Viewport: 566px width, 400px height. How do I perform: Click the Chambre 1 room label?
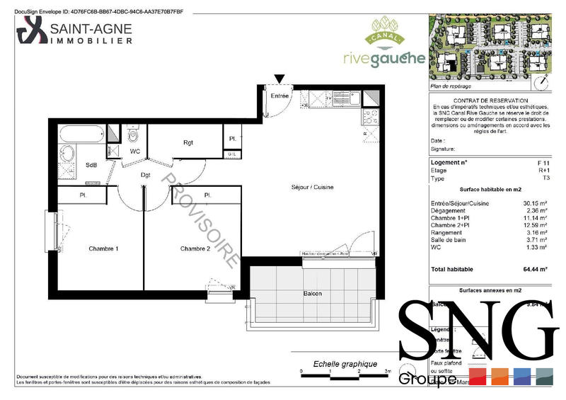103,248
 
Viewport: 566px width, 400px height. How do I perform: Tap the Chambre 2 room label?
195,248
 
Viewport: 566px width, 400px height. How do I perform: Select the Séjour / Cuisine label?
311,187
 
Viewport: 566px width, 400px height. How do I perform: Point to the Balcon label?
313,293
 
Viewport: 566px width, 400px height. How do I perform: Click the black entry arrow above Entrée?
281,79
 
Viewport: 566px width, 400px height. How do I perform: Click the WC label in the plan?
134,152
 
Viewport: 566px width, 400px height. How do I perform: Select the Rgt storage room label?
188,143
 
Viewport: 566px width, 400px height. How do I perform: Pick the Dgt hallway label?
146,174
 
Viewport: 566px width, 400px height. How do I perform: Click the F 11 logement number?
543,164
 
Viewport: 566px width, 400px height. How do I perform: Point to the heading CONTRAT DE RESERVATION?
490,102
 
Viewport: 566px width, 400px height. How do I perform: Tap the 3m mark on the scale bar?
388,370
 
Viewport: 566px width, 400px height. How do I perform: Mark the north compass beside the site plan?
543,81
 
